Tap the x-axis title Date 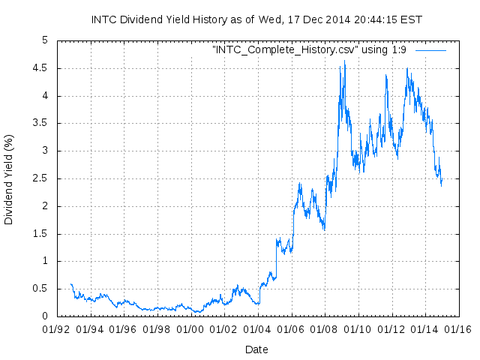256,349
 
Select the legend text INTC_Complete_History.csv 283,49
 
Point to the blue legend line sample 430,49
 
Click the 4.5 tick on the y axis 40,67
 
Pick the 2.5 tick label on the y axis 40,178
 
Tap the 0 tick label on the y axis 45,316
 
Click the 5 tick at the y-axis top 45,40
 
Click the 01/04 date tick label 256,328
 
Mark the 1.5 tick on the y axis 40,234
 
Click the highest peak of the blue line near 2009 344,61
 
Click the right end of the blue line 442,180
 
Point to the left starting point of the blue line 70,283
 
